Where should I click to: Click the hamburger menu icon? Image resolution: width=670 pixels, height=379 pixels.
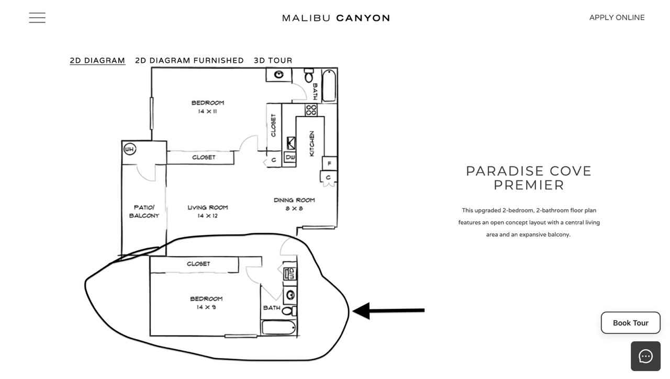pyautogui.click(x=37, y=18)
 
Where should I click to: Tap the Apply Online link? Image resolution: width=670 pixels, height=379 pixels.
pyautogui.click(x=617, y=18)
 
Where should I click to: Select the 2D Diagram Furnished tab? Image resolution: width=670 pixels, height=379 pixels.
pyautogui.click(x=189, y=61)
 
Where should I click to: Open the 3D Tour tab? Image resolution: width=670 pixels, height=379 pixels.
pyautogui.click(x=273, y=61)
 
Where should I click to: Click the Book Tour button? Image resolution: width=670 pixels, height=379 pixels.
pyautogui.click(x=630, y=323)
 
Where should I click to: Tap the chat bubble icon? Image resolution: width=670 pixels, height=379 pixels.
pyautogui.click(x=645, y=356)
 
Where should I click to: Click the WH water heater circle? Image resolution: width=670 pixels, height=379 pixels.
pyautogui.click(x=129, y=150)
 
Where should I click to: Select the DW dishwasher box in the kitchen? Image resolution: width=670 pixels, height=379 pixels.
pyautogui.click(x=290, y=157)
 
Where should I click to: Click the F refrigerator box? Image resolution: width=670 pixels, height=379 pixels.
pyautogui.click(x=329, y=164)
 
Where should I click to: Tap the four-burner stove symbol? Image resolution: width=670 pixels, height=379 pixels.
pyautogui.click(x=311, y=110)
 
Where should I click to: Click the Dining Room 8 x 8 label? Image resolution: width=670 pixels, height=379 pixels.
pyautogui.click(x=294, y=204)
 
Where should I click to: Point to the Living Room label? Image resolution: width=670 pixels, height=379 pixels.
pyautogui.click(x=207, y=208)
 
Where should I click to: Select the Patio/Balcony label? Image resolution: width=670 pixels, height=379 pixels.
pyautogui.click(x=144, y=211)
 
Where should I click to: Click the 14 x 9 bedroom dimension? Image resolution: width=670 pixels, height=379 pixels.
pyautogui.click(x=206, y=307)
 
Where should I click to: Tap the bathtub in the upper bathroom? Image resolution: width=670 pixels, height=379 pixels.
pyautogui.click(x=329, y=85)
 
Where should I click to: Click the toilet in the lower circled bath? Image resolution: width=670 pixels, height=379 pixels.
pyautogui.click(x=287, y=311)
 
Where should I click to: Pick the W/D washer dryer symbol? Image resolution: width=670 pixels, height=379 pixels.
pyautogui.click(x=290, y=274)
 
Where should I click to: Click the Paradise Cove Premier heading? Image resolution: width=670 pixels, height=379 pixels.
pyautogui.click(x=529, y=178)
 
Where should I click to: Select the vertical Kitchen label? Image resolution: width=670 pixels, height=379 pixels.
pyautogui.click(x=312, y=143)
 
